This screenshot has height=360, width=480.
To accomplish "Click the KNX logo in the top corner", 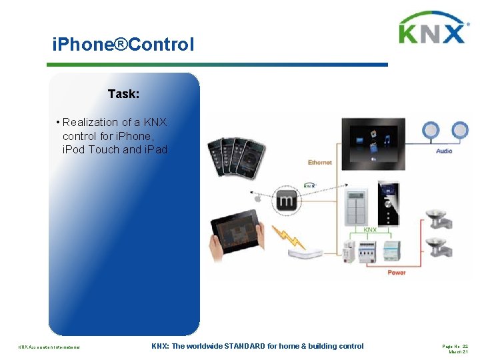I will [x=432, y=29].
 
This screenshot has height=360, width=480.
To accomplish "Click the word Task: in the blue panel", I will [x=123, y=94].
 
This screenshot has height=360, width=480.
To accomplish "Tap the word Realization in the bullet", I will [x=87, y=123].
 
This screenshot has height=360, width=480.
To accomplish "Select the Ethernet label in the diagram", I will [x=319, y=163].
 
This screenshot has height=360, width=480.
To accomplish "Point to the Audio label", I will [x=443, y=151].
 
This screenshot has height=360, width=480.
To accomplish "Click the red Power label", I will [x=396, y=272].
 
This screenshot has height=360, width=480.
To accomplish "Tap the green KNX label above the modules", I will [x=369, y=230].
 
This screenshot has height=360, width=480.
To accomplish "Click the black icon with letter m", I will [x=287, y=200].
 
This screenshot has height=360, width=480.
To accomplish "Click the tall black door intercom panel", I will [x=387, y=203].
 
